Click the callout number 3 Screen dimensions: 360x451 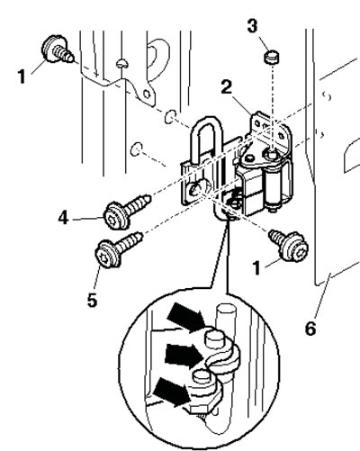click(252, 25)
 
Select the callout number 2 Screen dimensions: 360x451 click(227, 87)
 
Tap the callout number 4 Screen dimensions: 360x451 click(63, 218)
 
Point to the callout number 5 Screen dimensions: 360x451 click(93, 300)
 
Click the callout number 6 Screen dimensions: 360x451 click(310, 328)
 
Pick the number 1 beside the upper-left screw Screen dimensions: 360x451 click(22, 77)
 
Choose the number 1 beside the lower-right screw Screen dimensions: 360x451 click(256, 267)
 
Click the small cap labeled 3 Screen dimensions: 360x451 click(272, 57)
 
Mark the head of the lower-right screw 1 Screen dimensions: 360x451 click(295, 247)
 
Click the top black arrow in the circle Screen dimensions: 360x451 click(186, 317)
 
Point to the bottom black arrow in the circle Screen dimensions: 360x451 click(172, 392)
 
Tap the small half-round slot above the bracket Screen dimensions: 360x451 click(122, 63)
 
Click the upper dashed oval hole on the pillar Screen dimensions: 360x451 click(170, 117)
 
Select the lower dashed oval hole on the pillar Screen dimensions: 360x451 click(137, 149)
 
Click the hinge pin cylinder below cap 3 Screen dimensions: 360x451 click(273, 186)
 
